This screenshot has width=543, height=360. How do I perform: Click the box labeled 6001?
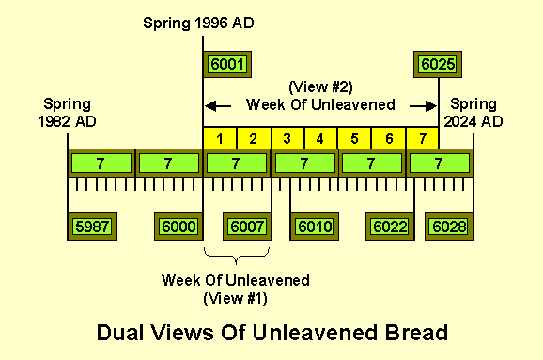coord(226,64)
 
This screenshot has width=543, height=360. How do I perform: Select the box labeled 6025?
coord(438,64)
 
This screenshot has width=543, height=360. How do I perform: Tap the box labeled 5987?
coord(91,226)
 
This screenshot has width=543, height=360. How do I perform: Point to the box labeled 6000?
coord(178,226)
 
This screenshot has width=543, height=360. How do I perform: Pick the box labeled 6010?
coord(314,226)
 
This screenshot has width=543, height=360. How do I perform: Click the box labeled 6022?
coord(389,226)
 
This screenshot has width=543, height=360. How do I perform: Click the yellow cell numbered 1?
coord(220,139)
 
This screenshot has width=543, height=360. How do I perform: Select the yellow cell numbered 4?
coord(320,139)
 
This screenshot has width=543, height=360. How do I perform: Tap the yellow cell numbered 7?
coord(422,139)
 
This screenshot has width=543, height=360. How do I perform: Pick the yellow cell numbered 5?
coord(354,139)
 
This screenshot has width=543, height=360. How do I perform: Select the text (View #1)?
coord(236,298)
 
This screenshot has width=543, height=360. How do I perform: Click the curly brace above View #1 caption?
coord(237,255)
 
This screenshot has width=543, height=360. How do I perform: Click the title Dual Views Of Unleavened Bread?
coord(272,332)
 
